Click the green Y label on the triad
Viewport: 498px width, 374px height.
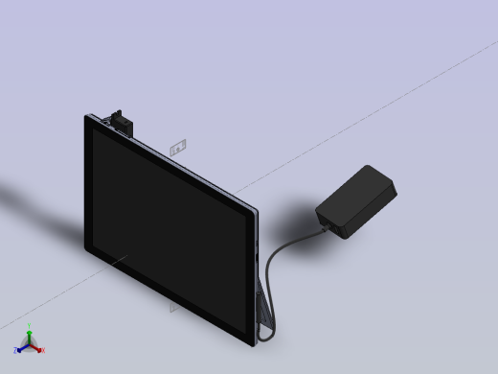point(30,325)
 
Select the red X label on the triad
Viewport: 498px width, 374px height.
point(43,350)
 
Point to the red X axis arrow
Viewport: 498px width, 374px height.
point(37,346)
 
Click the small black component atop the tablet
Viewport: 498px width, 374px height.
point(121,121)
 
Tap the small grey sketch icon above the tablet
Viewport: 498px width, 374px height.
point(176,148)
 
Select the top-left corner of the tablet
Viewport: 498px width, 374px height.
point(88,118)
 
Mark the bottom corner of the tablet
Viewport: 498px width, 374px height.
point(252,342)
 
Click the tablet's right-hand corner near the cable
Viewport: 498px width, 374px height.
point(257,212)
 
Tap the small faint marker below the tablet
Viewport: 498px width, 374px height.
point(173,308)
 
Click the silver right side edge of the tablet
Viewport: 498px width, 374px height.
point(257,269)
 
